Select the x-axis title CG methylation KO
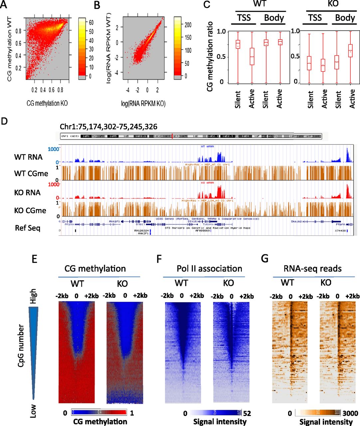pyautogui.click(x=47, y=104)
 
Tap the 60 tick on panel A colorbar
pyautogui.click(x=91, y=23)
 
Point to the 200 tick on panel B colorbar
pyautogui.click(x=188, y=25)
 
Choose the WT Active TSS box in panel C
pyautogui.click(x=252, y=56)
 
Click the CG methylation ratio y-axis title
pyautogui.click(x=210, y=56)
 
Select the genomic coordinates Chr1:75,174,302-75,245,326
pyautogui.click(x=108, y=127)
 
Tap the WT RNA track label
pyautogui.click(x=28, y=157)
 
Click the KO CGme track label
pyautogui.click(x=30, y=210)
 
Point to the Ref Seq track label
pyautogui.click(x=28, y=228)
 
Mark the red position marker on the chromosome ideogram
pyautogui.click(x=172, y=136)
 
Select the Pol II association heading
pyautogui.click(x=209, y=269)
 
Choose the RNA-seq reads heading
pyautogui.click(x=313, y=269)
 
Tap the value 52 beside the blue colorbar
pyautogui.click(x=247, y=413)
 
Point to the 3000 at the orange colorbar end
pyautogui.click(x=350, y=413)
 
